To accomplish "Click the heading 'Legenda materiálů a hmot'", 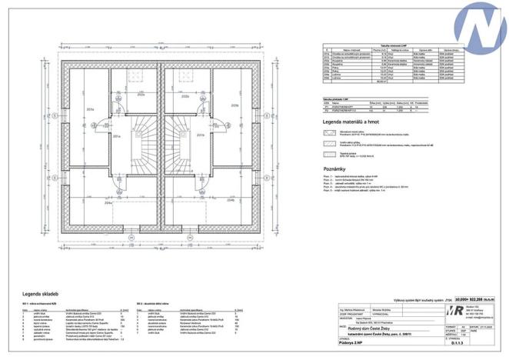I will (355, 122).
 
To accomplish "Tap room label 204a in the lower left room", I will (108, 203).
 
